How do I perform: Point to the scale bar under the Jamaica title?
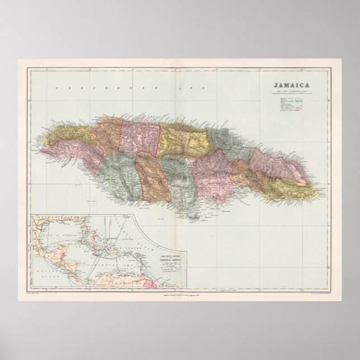click(291, 93)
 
